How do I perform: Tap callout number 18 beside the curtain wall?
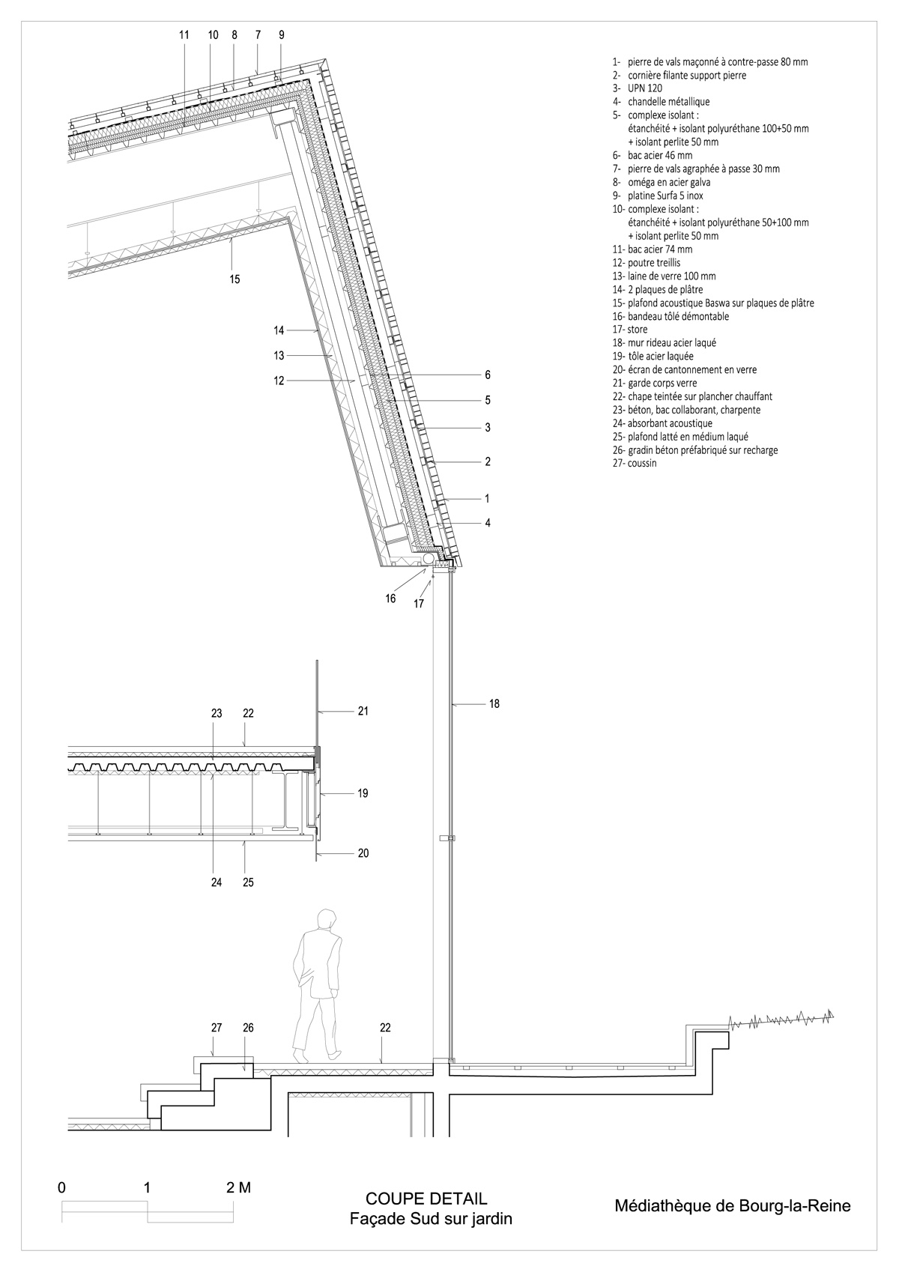click(x=494, y=703)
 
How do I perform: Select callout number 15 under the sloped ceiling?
click(x=234, y=279)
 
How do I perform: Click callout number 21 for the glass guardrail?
click(x=363, y=711)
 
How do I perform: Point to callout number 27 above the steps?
click(x=217, y=1028)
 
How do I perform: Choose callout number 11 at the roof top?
click(x=184, y=34)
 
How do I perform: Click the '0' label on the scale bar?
click(x=61, y=1187)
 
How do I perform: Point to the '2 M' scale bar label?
click(x=238, y=1187)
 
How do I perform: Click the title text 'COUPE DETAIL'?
click(x=426, y=1199)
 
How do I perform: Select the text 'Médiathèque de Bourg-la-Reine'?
click(x=732, y=1206)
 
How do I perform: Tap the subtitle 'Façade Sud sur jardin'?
click(x=431, y=1219)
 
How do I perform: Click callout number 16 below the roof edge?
click(x=390, y=599)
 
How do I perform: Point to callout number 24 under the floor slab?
click(x=217, y=882)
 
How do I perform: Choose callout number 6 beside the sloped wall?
click(x=488, y=375)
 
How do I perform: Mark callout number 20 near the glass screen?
click(x=363, y=853)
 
